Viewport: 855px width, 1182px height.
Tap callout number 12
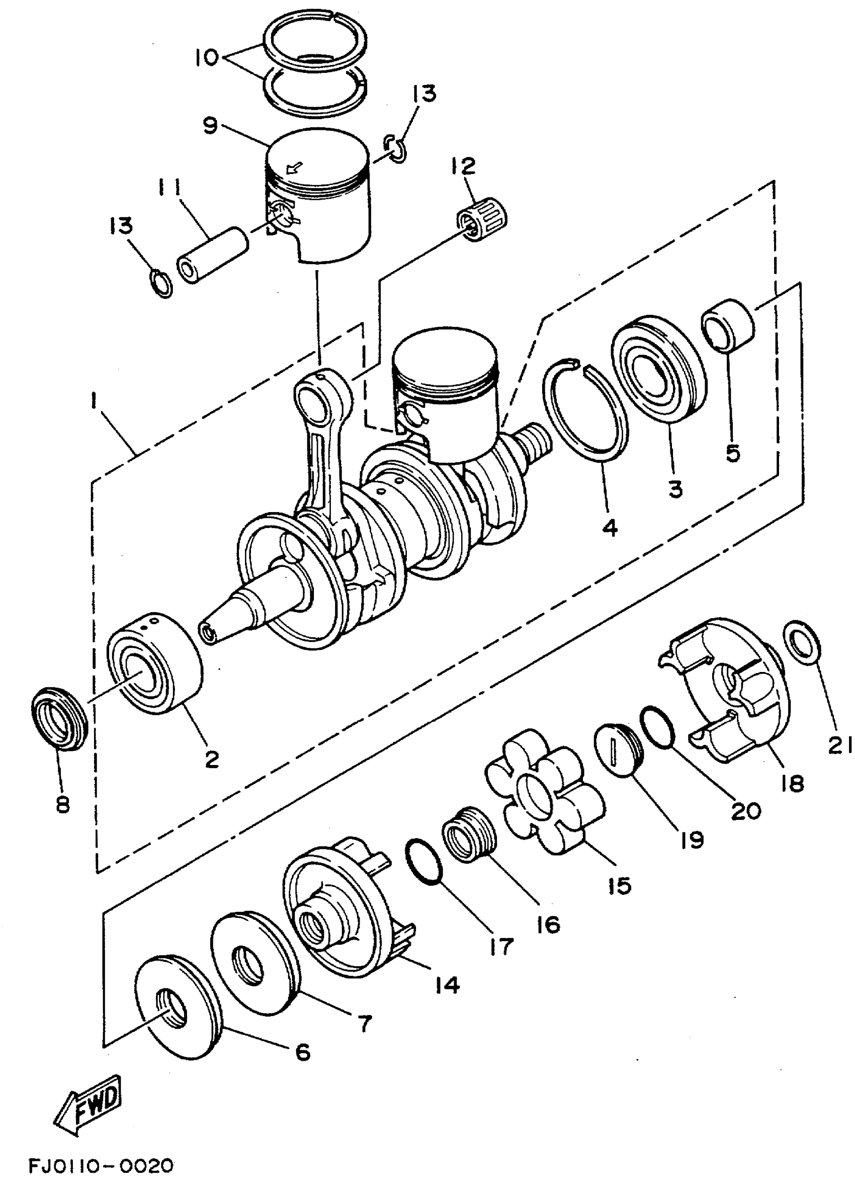tap(464, 166)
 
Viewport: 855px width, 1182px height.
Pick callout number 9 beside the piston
tap(211, 126)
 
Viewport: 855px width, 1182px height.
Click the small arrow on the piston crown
tap(294, 168)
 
